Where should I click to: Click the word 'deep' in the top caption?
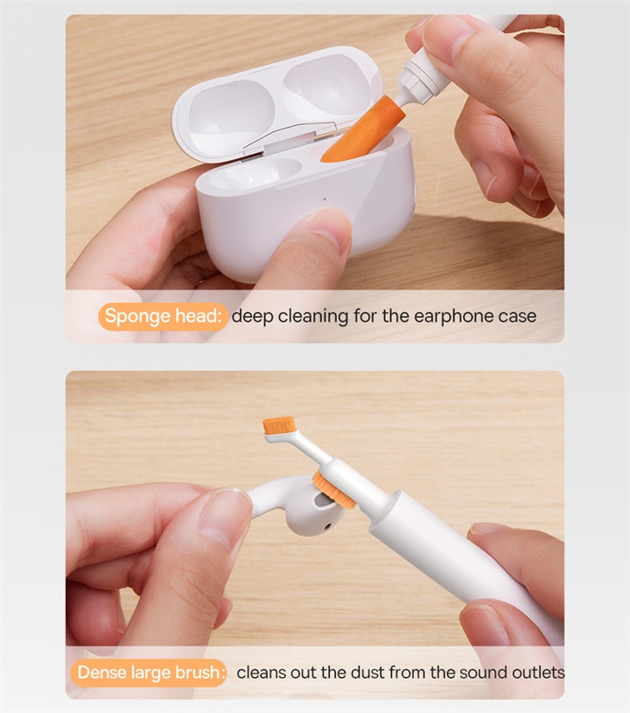point(254,316)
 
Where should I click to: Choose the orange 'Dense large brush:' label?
point(151,673)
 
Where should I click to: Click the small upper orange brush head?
point(277,425)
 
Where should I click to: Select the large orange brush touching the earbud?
point(334,489)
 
